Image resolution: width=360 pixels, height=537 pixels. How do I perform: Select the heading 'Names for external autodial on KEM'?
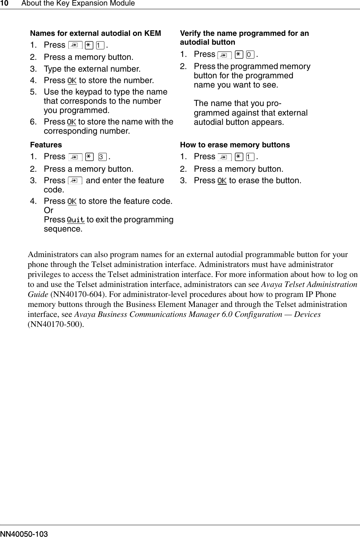click(x=95, y=33)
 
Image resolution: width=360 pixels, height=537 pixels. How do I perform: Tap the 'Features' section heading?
click(x=46, y=145)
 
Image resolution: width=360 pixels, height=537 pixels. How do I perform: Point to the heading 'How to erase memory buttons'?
click(x=234, y=145)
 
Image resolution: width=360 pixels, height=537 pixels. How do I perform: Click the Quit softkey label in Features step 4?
click(x=76, y=220)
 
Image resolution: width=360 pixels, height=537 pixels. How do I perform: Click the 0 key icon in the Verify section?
click(x=250, y=55)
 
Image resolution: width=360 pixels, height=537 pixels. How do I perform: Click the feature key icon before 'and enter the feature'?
click(x=75, y=181)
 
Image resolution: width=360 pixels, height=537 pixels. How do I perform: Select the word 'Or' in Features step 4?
click(x=48, y=211)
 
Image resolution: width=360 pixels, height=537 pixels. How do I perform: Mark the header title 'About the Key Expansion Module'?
click(x=78, y=4)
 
